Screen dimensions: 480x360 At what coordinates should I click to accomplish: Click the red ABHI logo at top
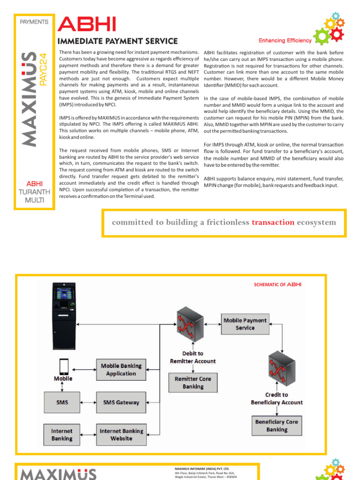(x=86, y=24)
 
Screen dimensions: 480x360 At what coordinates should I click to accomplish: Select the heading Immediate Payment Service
(x=117, y=41)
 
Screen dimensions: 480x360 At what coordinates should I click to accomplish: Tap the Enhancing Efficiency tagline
(x=285, y=41)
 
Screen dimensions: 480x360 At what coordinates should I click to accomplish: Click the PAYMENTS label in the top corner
(x=34, y=22)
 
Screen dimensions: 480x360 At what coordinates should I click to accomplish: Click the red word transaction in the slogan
(x=273, y=222)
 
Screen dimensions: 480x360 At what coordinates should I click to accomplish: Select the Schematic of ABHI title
(x=277, y=284)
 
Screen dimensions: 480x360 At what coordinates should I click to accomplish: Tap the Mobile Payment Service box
(x=245, y=324)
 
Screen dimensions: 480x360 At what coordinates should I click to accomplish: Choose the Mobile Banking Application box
(x=121, y=369)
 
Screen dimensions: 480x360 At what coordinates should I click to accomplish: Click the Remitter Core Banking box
(x=193, y=382)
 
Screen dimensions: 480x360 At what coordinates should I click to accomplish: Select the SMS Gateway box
(x=121, y=402)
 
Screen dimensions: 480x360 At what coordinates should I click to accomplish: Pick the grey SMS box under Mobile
(x=62, y=402)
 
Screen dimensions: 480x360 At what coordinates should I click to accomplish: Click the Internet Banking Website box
(x=121, y=435)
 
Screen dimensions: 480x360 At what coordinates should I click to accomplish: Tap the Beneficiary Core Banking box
(x=277, y=426)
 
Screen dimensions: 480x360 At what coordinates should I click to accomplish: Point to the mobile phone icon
(x=62, y=366)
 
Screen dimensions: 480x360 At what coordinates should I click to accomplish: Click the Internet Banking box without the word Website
(x=62, y=435)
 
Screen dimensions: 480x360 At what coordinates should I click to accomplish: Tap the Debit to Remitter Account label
(x=193, y=357)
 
